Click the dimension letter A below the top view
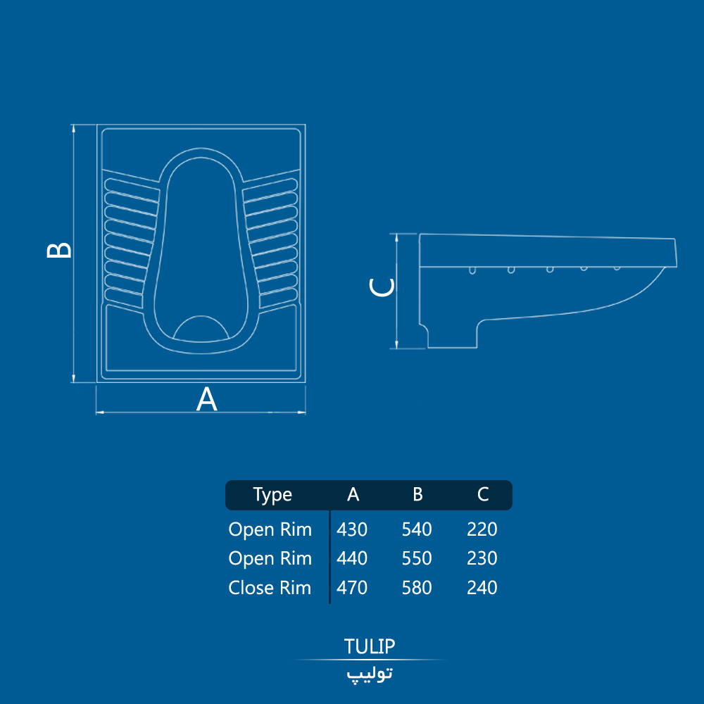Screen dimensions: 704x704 click(206, 398)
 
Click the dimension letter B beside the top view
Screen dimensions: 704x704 click(59, 250)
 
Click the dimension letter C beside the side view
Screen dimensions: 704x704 click(382, 287)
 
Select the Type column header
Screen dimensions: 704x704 click(272, 495)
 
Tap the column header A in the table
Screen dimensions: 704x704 click(353, 494)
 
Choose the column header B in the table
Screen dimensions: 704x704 click(417, 494)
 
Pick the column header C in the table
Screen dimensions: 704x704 click(483, 494)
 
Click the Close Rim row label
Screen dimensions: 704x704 click(270, 588)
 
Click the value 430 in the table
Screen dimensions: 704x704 click(352, 529)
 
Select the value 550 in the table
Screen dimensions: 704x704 click(417, 558)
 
